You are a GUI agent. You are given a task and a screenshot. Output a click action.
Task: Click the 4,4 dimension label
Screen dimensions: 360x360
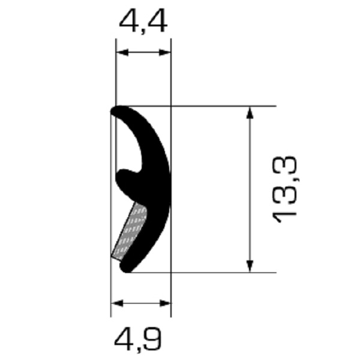(143, 22)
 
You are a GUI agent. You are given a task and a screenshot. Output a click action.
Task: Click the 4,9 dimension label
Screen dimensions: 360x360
(138, 339)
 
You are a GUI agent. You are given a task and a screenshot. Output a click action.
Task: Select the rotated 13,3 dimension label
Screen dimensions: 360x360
(284, 190)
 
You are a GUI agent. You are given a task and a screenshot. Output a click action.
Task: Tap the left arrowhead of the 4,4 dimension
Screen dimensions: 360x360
(122, 53)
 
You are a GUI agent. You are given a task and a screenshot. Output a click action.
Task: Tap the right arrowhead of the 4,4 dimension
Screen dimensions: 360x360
(165, 53)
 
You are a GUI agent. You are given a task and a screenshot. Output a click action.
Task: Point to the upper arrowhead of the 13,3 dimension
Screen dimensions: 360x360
(250, 113)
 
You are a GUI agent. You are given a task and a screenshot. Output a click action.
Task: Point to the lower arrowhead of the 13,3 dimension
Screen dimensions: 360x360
(250, 266)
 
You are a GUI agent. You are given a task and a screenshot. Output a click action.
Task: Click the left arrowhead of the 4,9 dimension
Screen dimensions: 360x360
(117, 303)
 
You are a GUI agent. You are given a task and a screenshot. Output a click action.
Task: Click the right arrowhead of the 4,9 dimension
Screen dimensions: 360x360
(165, 303)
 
